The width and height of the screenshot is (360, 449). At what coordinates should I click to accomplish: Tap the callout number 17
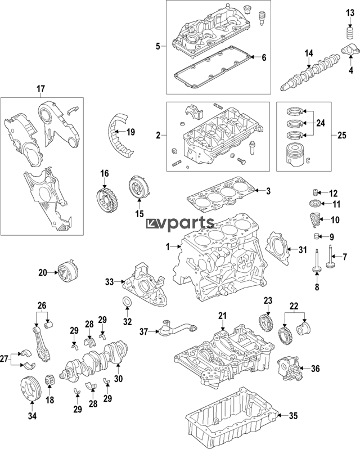coord(40,88)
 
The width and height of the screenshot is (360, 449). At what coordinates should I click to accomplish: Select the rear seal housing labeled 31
coord(279,250)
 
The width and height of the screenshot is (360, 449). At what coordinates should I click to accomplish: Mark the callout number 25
coord(341,136)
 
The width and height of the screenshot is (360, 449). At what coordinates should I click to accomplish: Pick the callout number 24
coord(321,123)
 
